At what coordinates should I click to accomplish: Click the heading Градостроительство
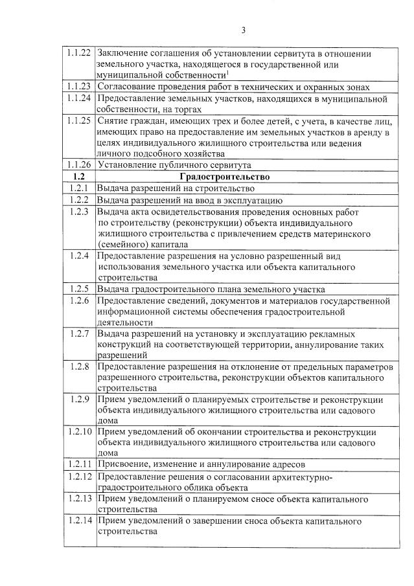pyautogui.click(x=225, y=176)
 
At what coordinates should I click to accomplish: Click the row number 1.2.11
pyautogui.click(x=79, y=464)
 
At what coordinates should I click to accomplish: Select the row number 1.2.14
pyautogui.click(x=79, y=521)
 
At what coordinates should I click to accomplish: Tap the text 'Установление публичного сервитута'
pyautogui.click(x=174, y=165)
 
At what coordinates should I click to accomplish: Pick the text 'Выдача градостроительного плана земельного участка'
pyautogui.click(x=211, y=289)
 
